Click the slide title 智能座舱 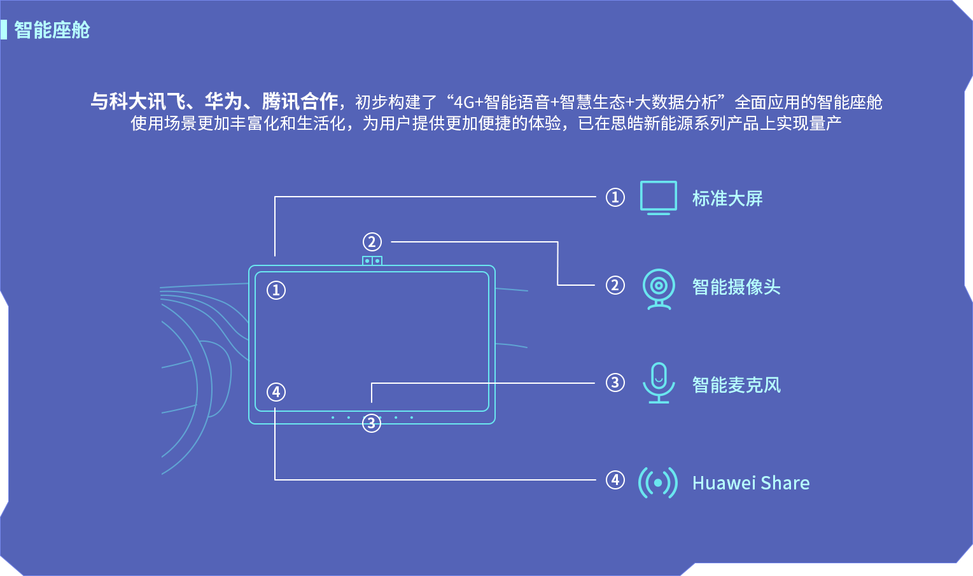click(52, 30)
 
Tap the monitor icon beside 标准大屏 click(658, 197)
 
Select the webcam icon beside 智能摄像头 click(659, 288)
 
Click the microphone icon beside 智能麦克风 click(659, 383)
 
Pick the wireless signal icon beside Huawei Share click(658, 482)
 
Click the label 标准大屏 click(727, 199)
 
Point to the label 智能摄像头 click(736, 287)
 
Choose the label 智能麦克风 click(736, 385)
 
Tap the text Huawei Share click(751, 483)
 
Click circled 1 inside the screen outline click(276, 290)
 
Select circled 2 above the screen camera click(372, 242)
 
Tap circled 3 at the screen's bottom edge click(372, 423)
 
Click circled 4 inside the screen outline click(276, 392)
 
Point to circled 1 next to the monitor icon click(615, 197)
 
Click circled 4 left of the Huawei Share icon click(615, 480)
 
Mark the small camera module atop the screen click(372, 260)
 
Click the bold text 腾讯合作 click(300, 101)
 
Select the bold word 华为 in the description click(223, 101)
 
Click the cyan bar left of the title click(4, 30)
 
